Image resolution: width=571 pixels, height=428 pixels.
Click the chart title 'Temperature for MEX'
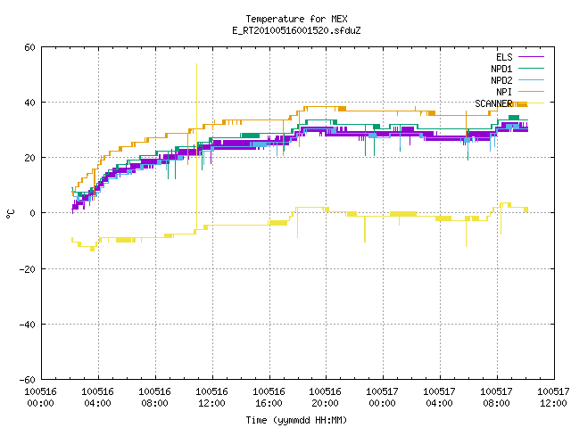tap(296, 19)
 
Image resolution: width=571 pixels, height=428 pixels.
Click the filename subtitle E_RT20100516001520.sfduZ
tap(296, 30)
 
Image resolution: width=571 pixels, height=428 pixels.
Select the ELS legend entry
tap(504, 57)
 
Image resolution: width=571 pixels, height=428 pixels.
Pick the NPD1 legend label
tap(501, 69)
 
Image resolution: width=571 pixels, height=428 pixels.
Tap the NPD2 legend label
tap(501, 80)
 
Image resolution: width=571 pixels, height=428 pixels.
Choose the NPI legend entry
tap(504, 92)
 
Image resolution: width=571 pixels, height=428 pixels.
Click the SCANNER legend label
tap(493, 103)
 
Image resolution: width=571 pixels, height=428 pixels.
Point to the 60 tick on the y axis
tap(29, 47)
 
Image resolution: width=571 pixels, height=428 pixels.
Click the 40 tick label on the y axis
tap(29, 103)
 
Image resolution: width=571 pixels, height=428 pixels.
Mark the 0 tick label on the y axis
tap(32, 213)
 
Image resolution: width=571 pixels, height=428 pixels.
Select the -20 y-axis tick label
tap(28, 269)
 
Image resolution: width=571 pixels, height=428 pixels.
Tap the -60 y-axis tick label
tap(28, 380)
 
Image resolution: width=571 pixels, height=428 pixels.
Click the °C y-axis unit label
tap(11, 214)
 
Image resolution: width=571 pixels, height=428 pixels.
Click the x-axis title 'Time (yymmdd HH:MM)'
tap(296, 420)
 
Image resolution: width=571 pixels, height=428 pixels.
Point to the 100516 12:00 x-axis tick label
tap(212, 398)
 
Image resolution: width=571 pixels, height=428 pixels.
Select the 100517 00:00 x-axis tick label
tap(383, 398)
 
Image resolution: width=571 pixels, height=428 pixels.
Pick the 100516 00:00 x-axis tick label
tap(41, 398)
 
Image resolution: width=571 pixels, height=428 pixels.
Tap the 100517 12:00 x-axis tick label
tap(553, 398)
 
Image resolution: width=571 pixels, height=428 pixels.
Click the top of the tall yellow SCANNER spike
tap(196, 64)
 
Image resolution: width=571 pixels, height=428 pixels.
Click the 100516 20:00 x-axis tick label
tap(326, 398)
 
